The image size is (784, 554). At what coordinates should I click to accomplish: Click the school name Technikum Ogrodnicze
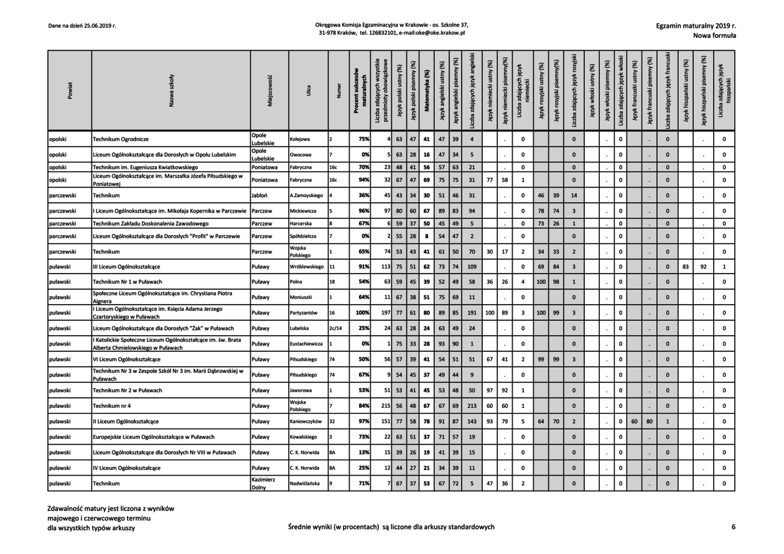coord(121,139)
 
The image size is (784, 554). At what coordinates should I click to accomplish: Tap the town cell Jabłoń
coord(260,196)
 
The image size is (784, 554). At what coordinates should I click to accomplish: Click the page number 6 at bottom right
coord(734,527)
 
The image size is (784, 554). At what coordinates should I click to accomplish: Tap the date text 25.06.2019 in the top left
coord(100,26)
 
